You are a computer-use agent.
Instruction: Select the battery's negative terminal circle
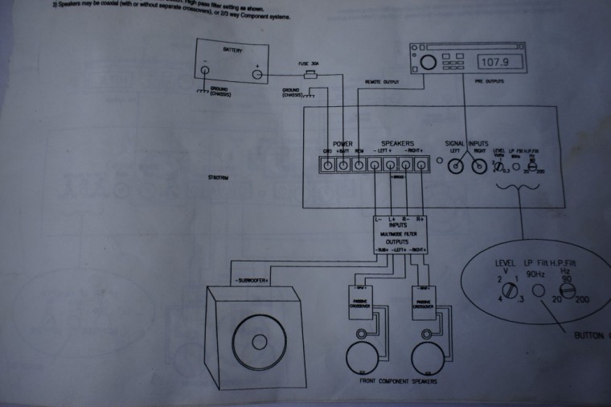click(207, 73)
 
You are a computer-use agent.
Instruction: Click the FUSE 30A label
click(308, 63)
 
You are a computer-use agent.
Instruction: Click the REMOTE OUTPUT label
click(383, 82)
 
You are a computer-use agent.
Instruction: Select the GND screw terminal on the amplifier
click(327, 166)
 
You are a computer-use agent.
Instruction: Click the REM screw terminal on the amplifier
click(359, 166)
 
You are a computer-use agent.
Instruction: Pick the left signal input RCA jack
click(456, 166)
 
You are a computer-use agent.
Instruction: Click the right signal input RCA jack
click(479, 166)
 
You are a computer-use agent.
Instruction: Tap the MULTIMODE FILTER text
click(399, 232)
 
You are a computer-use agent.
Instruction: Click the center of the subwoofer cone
click(258, 341)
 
